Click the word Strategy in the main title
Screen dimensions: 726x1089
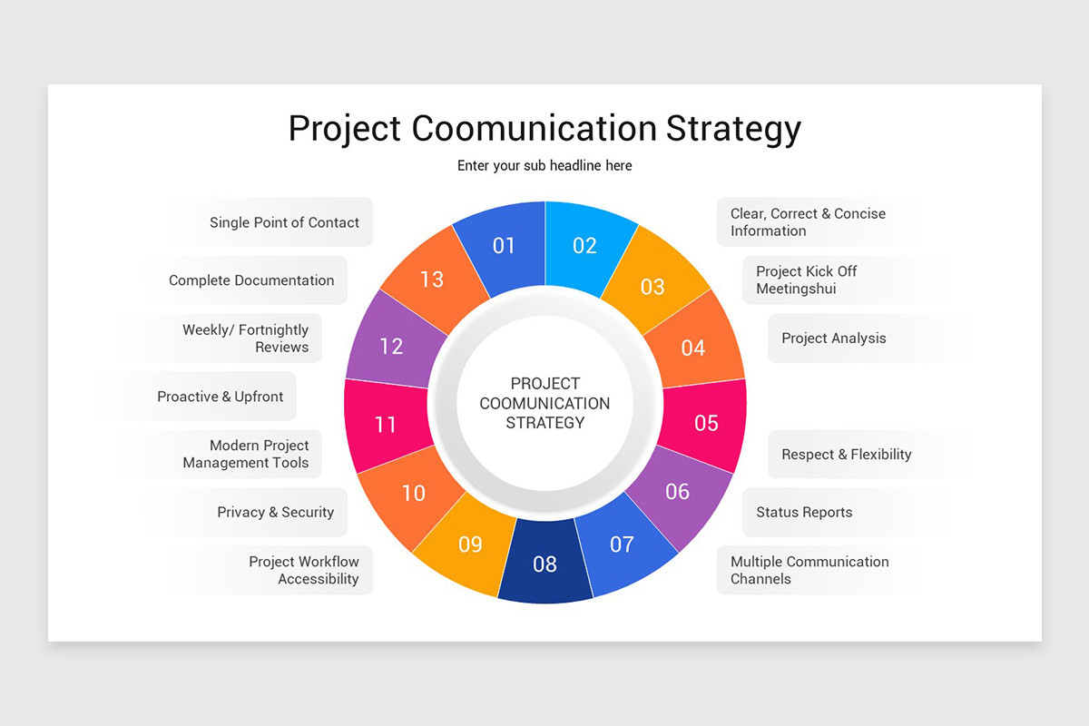[x=733, y=129]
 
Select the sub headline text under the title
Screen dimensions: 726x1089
[x=544, y=166]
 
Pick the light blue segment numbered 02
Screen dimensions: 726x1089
[x=584, y=245]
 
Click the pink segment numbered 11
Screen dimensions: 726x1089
[x=386, y=424]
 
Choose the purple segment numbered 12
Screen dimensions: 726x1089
[x=391, y=346]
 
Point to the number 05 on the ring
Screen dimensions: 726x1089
[x=706, y=423]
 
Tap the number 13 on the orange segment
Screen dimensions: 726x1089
[x=432, y=280]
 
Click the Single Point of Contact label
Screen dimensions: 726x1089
[x=284, y=222]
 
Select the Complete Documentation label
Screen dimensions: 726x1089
[x=251, y=280]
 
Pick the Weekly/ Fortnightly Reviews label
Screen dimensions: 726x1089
[x=246, y=338]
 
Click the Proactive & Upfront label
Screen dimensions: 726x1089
[x=221, y=397]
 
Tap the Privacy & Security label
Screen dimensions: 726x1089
[x=276, y=513]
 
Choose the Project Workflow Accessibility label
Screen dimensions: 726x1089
[x=305, y=571]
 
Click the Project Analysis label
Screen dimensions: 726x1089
[x=834, y=338]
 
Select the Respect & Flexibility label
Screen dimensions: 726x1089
[x=847, y=455]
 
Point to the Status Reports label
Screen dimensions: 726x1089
[x=804, y=513]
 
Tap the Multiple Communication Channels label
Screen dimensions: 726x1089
[x=809, y=571]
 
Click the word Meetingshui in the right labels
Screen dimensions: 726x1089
[x=796, y=289]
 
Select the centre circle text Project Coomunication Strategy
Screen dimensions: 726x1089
[x=544, y=403]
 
